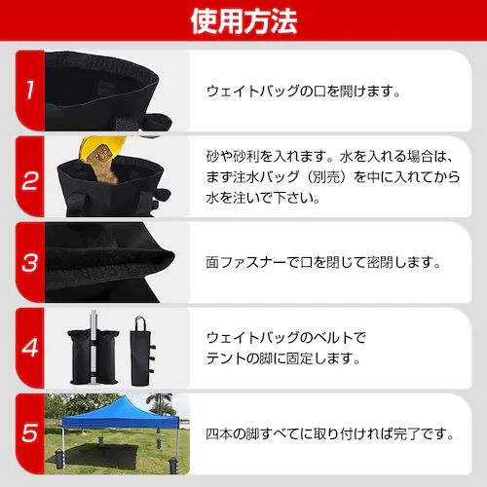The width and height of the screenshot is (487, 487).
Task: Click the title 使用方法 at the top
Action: coord(243,19)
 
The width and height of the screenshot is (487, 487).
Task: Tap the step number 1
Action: coord(30,93)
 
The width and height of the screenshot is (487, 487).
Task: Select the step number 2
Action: coord(30,180)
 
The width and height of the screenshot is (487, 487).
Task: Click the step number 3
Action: coord(30,264)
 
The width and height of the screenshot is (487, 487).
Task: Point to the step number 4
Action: coord(30,348)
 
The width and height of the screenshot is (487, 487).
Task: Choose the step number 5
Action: coord(30,431)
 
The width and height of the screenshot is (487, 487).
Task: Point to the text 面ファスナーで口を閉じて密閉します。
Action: coord(324,263)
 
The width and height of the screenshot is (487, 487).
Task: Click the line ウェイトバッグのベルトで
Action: coord(286,337)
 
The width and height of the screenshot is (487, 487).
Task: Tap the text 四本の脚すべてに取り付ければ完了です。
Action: coord(331,431)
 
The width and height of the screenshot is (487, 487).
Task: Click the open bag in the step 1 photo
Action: coord(107,83)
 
